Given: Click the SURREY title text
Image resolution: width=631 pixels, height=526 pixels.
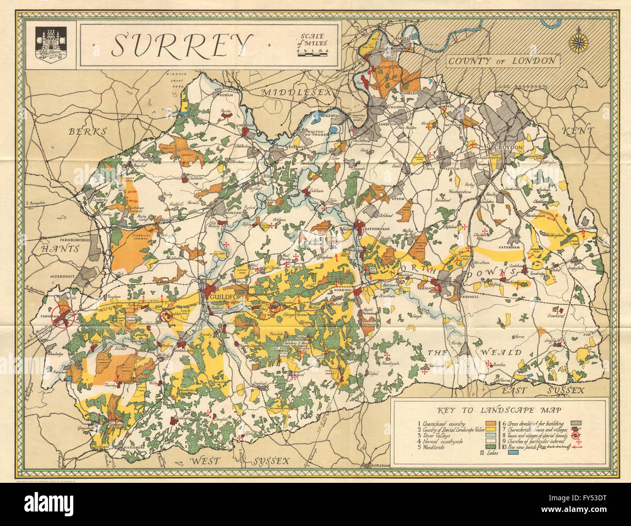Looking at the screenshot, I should (x=180, y=45).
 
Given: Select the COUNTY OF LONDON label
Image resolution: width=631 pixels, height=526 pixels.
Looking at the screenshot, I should (x=501, y=61).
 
